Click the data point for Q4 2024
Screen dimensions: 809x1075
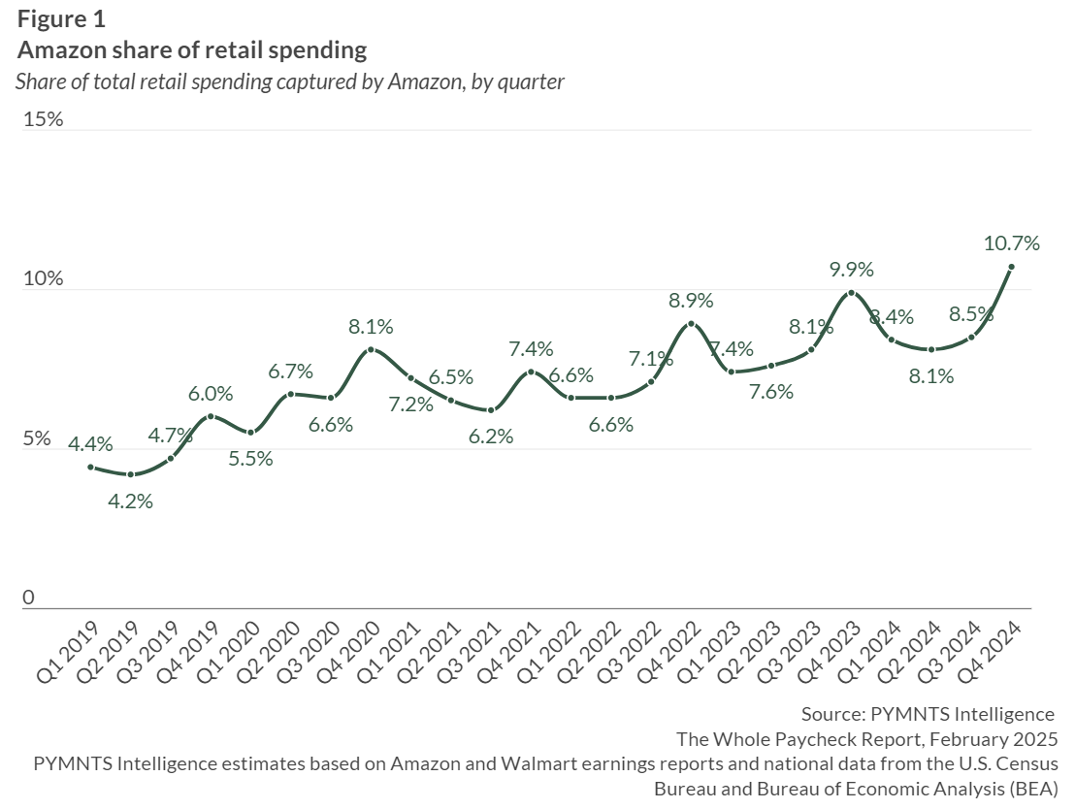click(x=1011, y=268)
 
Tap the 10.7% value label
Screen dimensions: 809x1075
click(x=1012, y=243)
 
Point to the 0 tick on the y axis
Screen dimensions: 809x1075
click(x=29, y=598)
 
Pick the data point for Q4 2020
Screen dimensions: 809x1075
click(x=371, y=349)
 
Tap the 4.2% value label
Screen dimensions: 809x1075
click(x=131, y=502)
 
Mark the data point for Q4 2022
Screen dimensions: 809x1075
click(x=691, y=324)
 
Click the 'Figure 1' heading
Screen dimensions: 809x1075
click(x=62, y=18)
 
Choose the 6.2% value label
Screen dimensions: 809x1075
click(x=491, y=437)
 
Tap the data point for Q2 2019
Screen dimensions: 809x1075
click(x=131, y=474)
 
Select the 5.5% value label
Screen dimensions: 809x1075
click(x=250, y=459)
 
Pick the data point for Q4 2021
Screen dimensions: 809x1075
click(x=531, y=372)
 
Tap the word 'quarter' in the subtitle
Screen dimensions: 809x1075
click(x=531, y=81)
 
